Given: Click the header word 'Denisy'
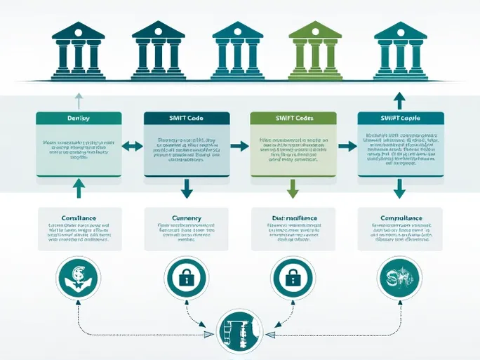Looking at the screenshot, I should pyautogui.click(x=78, y=119).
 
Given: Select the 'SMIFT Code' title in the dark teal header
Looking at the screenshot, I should pyautogui.click(x=186, y=119).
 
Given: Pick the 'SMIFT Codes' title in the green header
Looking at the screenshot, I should pyautogui.click(x=293, y=119).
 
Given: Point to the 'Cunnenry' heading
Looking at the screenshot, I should pyautogui.click(x=186, y=218).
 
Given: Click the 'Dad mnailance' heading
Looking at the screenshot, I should pyautogui.click(x=293, y=218).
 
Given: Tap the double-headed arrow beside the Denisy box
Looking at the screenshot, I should pyautogui.click(x=132, y=147).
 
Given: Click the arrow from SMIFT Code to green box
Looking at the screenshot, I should pyautogui.click(x=239, y=147).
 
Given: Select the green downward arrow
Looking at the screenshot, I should pyautogui.click(x=293, y=187).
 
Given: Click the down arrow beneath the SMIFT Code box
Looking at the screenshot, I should pyautogui.click(x=186, y=187).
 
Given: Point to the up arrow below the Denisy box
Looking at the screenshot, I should pyautogui.click(x=78, y=187).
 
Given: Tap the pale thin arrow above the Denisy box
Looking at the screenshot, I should pyautogui.click(x=78, y=99).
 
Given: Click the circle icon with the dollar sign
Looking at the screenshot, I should pyautogui.click(x=78, y=278).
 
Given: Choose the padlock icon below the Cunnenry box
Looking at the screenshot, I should pyautogui.click(x=186, y=278).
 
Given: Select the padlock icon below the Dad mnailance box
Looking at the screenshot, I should pyautogui.click(x=293, y=278).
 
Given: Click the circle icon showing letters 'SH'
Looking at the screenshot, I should pyautogui.click(x=400, y=278).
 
